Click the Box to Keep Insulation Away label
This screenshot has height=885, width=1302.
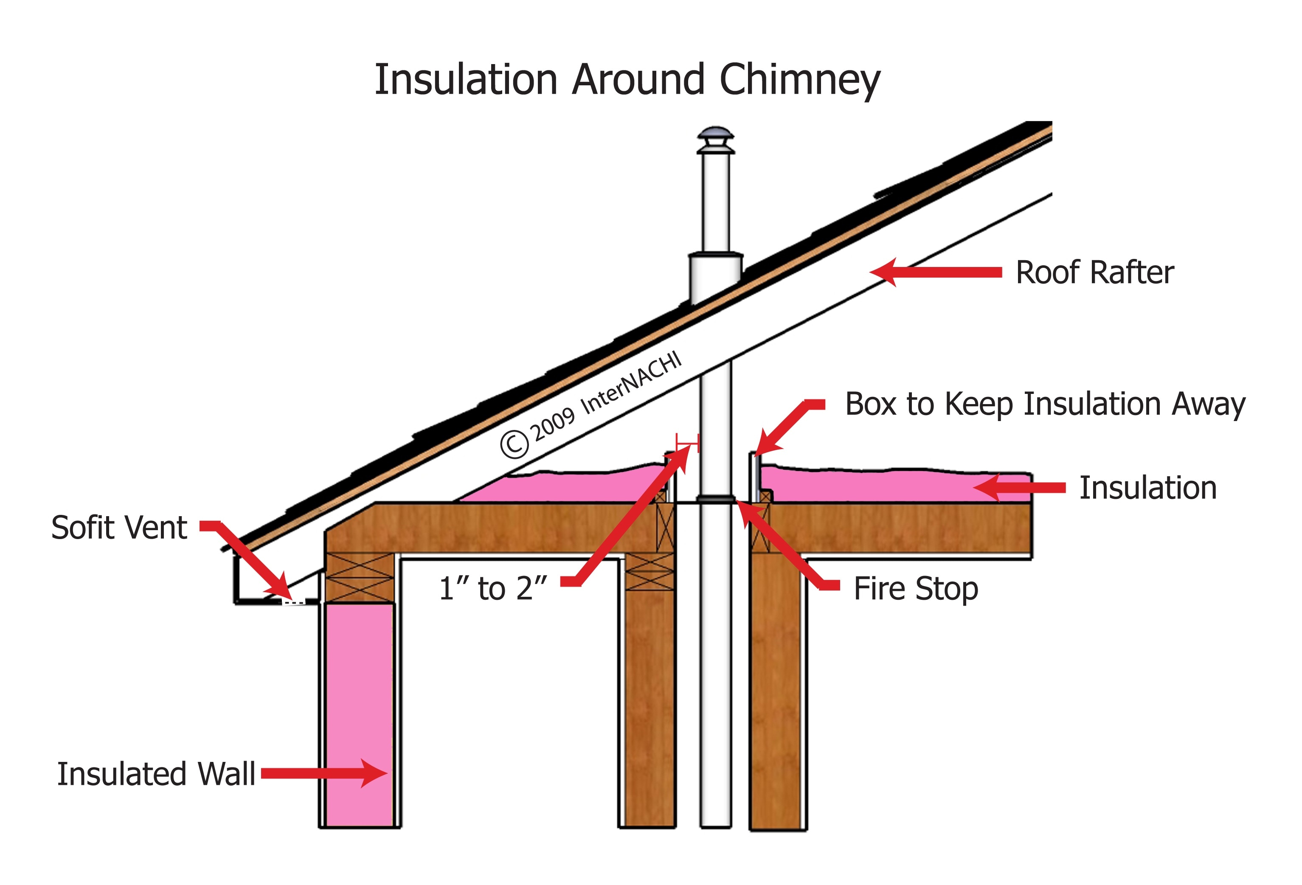1045,405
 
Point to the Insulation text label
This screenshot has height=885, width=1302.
1147,488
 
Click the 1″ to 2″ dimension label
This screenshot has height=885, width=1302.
492,589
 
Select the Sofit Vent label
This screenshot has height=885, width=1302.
119,528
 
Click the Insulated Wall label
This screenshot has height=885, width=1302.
156,774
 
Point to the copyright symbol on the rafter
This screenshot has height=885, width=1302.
514,444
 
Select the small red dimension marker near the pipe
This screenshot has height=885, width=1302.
687,443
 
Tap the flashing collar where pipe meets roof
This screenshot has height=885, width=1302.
715,277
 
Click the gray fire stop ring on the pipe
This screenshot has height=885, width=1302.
715,498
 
